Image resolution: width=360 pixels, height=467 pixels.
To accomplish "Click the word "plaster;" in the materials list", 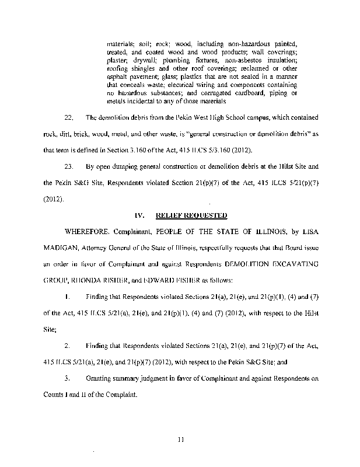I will click(119, 60).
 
